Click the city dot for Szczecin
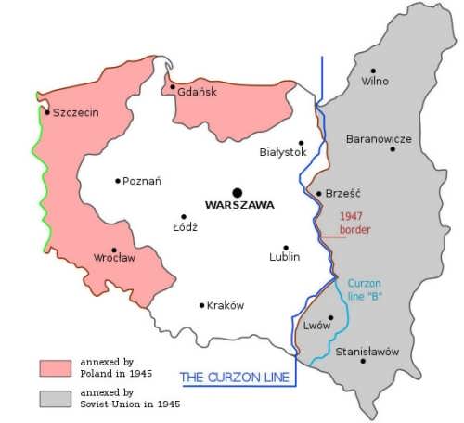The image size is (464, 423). pyautogui.click(x=47, y=112)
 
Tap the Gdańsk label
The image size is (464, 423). pyautogui.click(x=197, y=92)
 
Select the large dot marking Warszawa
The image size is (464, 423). pyautogui.click(x=238, y=192)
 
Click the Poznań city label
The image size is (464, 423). pyautogui.click(x=142, y=181)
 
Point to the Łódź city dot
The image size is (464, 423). pyautogui.click(x=184, y=217)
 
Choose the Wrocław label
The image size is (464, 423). pyautogui.click(x=115, y=257)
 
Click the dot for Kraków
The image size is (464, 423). pyautogui.click(x=202, y=305)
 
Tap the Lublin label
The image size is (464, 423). pyautogui.click(x=285, y=257)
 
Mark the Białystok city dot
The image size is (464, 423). pyautogui.click(x=302, y=143)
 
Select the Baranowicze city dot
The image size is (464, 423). pyautogui.click(x=393, y=149)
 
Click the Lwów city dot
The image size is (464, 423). pyautogui.click(x=330, y=317)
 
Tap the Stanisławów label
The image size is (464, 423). pyautogui.click(x=367, y=352)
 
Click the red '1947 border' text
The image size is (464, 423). pyautogui.click(x=354, y=222)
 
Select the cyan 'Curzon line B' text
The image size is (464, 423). pyautogui.click(x=366, y=289)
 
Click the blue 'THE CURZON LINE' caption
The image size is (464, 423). pyautogui.click(x=235, y=377)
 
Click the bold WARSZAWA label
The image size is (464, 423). pyautogui.click(x=239, y=206)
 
